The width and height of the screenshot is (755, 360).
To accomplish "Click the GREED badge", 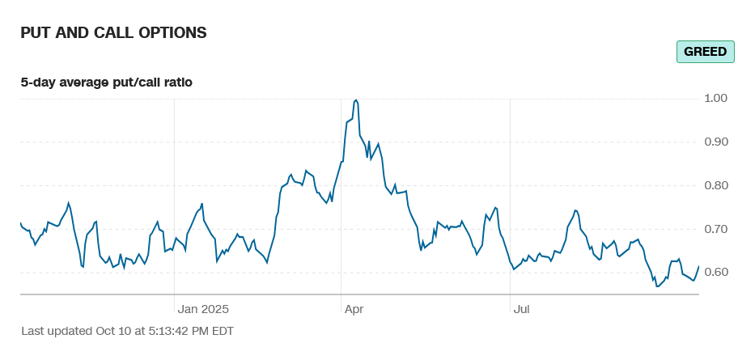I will pyautogui.click(x=705, y=52).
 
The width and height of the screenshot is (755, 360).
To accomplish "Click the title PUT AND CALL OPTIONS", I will pyautogui.click(x=113, y=33).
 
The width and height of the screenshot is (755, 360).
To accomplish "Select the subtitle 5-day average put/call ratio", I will pyautogui.click(x=106, y=82).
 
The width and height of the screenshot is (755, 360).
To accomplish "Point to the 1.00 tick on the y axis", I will pyautogui.click(x=716, y=98).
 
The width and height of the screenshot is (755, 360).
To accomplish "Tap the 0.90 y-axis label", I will pyautogui.click(x=716, y=142).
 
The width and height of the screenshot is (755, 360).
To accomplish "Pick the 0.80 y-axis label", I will pyautogui.click(x=716, y=185).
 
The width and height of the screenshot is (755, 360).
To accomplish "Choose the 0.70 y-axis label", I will pyautogui.click(x=716, y=229).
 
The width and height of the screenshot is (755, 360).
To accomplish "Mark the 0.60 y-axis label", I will pyautogui.click(x=716, y=272).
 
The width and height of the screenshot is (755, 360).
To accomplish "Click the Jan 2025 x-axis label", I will pyautogui.click(x=204, y=308).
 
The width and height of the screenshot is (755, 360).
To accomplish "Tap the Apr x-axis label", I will pyautogui.click(x=354, y=308).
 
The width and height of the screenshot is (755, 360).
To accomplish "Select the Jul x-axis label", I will pyautogui.click(x=521, y=308).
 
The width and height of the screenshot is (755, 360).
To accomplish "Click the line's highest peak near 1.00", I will pyautogui.click(x=356, y=100).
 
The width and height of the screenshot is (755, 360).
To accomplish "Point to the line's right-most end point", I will pyautogui.click(x=698, y=266).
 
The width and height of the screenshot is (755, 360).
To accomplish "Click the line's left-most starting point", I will pyautogui.click(x=20, y=222).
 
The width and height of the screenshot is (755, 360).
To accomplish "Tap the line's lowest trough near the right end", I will pyautogui.click(x=657, y=286).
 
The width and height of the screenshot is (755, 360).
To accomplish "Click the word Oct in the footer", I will pyautogui.click(x=105, y=331).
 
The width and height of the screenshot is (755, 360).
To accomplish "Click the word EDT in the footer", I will pyautogui.click(x=220, y=331).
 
